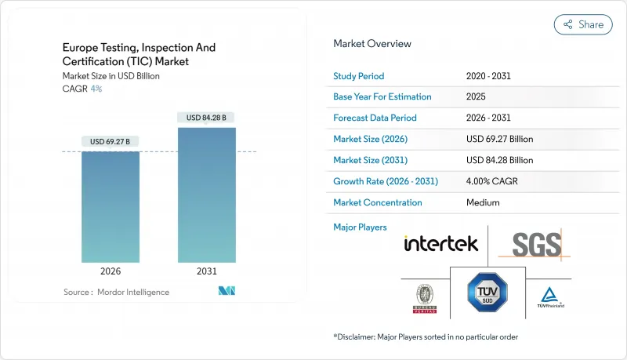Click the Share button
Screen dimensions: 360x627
[x=583, y=24]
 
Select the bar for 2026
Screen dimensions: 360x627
[x=111, y=207]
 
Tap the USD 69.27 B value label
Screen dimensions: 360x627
[x=111, y=142]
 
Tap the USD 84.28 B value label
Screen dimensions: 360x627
[x=207, y=118]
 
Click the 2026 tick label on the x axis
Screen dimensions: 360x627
[x=111, y=272]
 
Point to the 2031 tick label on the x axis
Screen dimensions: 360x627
[x=207, y=272]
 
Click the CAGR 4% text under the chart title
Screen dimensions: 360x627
[x=83, y=89]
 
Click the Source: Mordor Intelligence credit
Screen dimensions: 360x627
[x=116, y=292]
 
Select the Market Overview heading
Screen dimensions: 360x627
[x=371, y=44]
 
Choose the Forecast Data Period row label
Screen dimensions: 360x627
[x=375, y=118]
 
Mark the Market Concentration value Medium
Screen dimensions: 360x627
[x=484, y=202]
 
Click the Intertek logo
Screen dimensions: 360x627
[x=440, y=244]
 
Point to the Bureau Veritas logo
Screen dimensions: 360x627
[x=424, y=296]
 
